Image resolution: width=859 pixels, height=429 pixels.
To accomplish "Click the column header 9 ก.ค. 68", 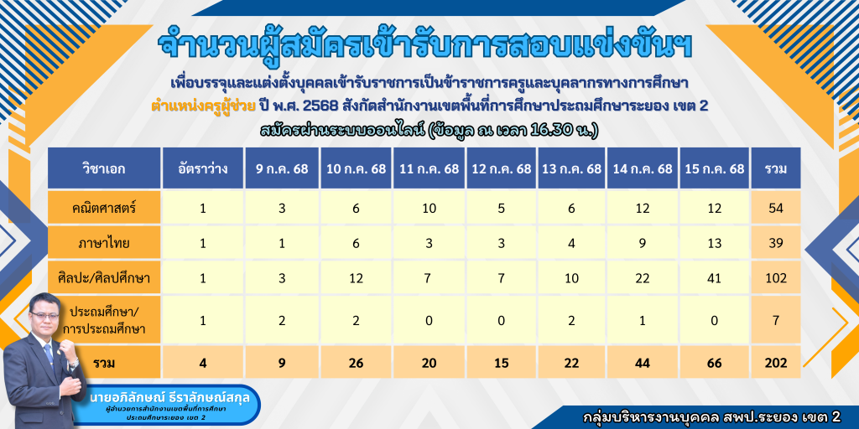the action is coord(282,168).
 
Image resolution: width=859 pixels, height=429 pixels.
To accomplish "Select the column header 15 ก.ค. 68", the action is coord(715,168).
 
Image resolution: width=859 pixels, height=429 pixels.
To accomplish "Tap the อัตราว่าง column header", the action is coord(203,168).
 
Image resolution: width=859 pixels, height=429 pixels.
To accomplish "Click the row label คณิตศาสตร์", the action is coord(104,208).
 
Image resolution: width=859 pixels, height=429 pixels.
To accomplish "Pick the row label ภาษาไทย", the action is coord(104,244).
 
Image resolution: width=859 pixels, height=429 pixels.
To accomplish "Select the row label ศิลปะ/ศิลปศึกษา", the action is coord(104,278).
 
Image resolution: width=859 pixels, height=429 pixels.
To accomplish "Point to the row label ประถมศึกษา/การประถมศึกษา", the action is coord(104,320).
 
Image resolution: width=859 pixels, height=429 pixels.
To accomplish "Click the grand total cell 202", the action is coord(777,363).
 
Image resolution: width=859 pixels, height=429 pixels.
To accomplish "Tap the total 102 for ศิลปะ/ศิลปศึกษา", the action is coord(777,278).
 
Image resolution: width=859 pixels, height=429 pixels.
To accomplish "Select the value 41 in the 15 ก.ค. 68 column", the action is coord(715,278).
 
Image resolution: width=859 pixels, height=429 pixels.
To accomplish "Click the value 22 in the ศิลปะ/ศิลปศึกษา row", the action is coord(643,278).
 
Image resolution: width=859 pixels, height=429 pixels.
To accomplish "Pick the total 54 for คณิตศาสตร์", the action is coord(777,208).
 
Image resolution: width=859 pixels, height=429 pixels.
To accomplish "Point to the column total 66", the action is coord(715,363).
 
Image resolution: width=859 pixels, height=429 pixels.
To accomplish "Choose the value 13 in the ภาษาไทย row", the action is coord(715,244).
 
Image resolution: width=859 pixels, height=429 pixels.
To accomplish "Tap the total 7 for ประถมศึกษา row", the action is coord(777,321).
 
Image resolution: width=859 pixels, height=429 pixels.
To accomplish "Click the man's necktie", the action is coord(49,355).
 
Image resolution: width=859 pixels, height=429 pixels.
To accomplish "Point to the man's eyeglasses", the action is coord(45,316).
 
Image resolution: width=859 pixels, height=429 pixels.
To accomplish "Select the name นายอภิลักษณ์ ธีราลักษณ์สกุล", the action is coord(169,398).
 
